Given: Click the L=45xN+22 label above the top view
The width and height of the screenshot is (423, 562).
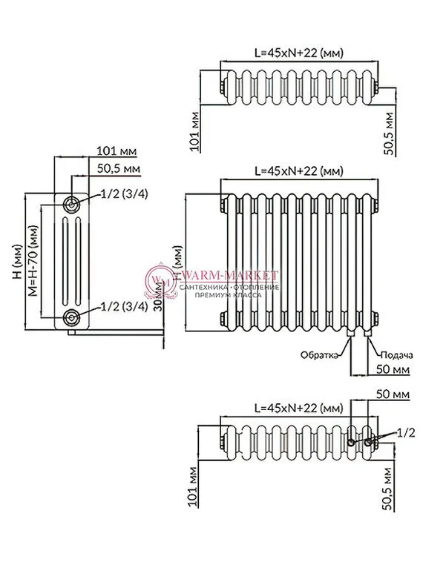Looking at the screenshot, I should coord(299,53).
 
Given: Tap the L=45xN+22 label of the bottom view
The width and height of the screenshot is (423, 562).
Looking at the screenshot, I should coord(299,408).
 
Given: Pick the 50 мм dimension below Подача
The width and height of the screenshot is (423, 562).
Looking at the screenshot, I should coord(392,368).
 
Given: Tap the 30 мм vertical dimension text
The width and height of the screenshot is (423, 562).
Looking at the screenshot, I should coord(157,321).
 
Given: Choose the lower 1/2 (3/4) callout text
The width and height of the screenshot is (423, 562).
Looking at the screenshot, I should coord(124,305).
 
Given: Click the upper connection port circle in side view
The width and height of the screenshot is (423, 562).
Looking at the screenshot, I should coord(71,204).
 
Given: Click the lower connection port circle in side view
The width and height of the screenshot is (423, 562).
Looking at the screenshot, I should coord(71,318).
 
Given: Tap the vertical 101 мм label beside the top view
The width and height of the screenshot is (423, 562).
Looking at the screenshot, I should coord(194,131).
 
